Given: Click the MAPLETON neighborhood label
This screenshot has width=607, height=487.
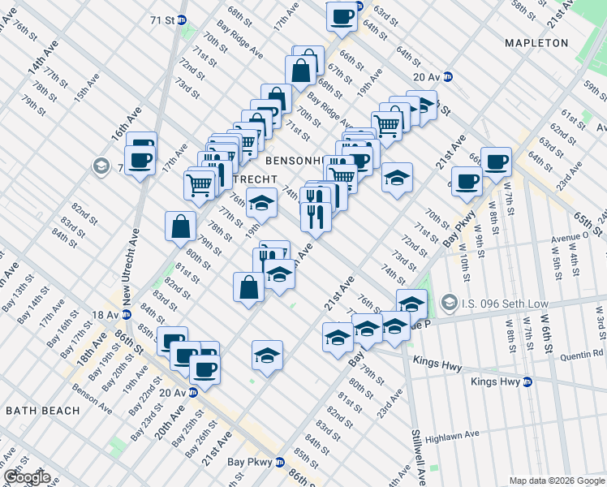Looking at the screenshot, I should pyautogui.click(x=536, y=42).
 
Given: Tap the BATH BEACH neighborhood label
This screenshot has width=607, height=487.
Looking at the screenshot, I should pyautogui.click(x=43, y=411).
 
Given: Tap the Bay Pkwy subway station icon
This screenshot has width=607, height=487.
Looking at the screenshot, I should pyautogui.click(x=280, y=462).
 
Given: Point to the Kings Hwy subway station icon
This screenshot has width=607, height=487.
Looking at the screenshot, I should pyautogui.click(x=527, y=381).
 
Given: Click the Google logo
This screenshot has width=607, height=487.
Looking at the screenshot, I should pyautogui.click(x=27, y=477).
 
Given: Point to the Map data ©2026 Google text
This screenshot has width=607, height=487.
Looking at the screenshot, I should pyautogui.click(x=557, y=481).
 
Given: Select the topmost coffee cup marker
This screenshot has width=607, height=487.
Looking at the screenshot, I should pyautogui.click(x=342, y=16).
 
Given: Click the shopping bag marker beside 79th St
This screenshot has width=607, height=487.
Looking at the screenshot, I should pyautogui.click(x=179, y=228).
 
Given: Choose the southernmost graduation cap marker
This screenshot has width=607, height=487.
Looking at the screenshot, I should pyautogui.click(x=266, y=356).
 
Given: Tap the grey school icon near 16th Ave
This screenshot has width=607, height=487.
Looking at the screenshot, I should pyautogui.click(x=101, y=167).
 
